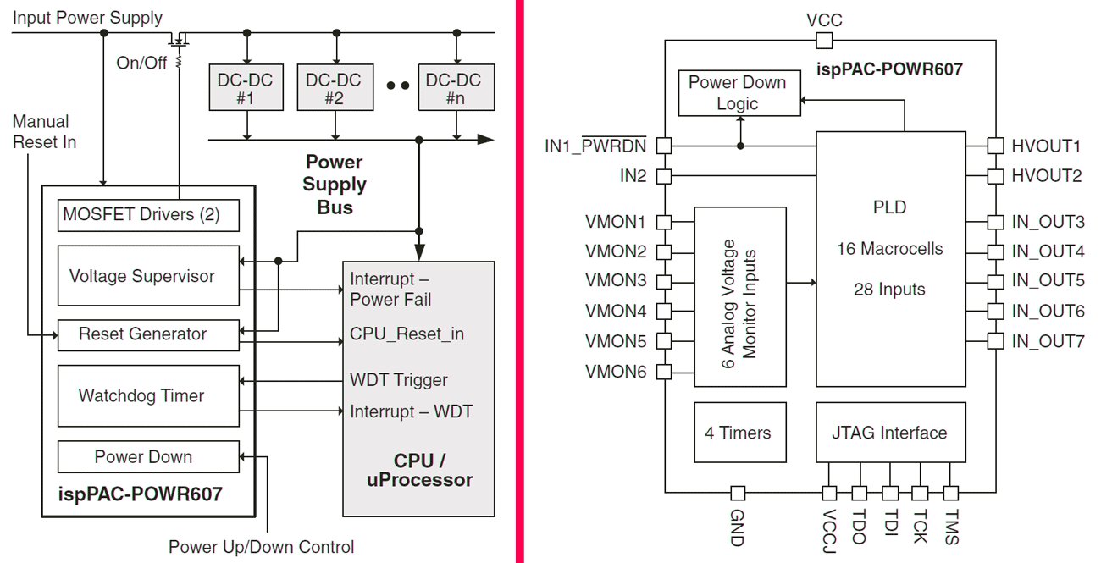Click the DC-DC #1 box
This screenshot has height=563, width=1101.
246,88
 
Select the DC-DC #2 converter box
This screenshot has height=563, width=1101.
334,88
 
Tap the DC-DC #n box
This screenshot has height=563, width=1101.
454,88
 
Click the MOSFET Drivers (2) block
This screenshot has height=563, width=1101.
148,215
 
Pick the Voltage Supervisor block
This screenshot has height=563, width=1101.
148,276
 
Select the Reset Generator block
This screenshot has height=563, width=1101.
148,334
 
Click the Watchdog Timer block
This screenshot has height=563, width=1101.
148,395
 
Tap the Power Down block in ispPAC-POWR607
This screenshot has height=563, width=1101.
148,457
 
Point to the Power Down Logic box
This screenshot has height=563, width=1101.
739,93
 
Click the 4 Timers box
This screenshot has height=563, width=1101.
739,433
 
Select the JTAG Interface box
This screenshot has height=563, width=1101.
889,433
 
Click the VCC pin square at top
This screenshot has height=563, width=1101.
824,41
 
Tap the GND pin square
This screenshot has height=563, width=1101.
738,493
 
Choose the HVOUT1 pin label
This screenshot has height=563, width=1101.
1046,146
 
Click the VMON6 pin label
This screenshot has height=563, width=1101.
616,371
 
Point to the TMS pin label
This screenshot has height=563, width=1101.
951,527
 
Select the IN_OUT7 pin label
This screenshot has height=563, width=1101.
1048,341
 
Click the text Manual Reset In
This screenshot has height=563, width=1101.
44,132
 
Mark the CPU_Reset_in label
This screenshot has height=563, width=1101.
407,334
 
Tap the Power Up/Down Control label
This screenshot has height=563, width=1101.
261,547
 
